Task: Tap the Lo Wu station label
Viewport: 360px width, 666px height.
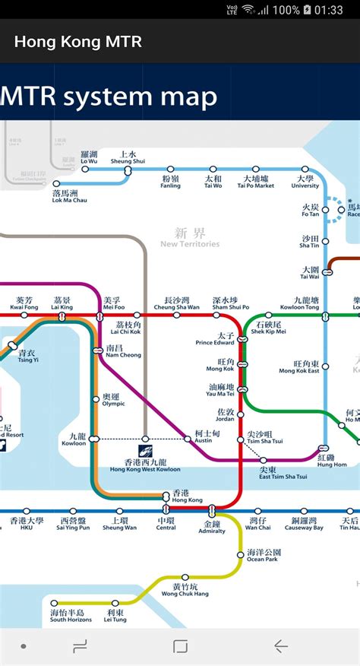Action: tap(89, 157)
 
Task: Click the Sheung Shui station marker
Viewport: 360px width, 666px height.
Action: tap(128, 171)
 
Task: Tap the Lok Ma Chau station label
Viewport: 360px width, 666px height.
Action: tap(69, 197)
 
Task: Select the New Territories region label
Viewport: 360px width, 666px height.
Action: tap(190, 238)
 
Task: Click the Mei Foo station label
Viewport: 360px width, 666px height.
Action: tap(112, 303)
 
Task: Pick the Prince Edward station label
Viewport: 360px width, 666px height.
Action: tap(215, 338)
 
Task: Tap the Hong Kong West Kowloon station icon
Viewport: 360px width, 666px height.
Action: tap(146, 439)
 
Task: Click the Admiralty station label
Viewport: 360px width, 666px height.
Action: tap(212, 528)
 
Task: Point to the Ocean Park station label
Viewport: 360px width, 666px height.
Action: tap(264, 556)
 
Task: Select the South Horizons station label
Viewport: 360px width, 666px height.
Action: tap(71, 616)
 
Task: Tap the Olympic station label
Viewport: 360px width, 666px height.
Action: tap(112, 400)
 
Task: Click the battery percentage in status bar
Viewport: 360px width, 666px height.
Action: tap(286, 10)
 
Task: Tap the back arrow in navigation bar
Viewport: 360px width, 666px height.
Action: tap(280, 646)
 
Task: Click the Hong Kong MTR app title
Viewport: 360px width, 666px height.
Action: tap(77, 41)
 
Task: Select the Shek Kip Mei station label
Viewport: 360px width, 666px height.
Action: tap(269, 328)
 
